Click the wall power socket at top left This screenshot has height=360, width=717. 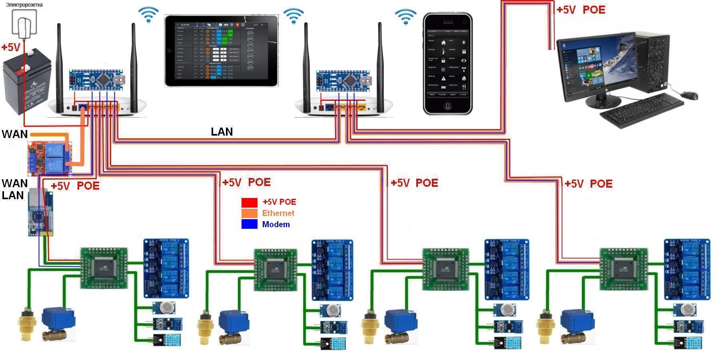[x=24, y=22]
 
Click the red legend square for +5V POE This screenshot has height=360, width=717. [x=249, y=202]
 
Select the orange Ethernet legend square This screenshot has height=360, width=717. [x=249, y=213]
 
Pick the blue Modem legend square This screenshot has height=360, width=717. [x=249, y=224]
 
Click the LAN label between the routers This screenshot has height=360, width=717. [x=222, y=132]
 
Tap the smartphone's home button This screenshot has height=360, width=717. [x=447, y=106]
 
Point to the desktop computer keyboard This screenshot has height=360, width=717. [x=641, y=110]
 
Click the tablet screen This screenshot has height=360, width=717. [x=221, y=50]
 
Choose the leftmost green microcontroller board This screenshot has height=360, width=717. [x=104, y=268]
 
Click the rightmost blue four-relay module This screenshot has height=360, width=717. [x=687, y=269]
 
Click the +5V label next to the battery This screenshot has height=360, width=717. [x=11, y=48]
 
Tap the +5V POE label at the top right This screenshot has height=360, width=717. [x=581, y=10]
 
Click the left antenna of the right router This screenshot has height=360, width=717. [x=306, y=64]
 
